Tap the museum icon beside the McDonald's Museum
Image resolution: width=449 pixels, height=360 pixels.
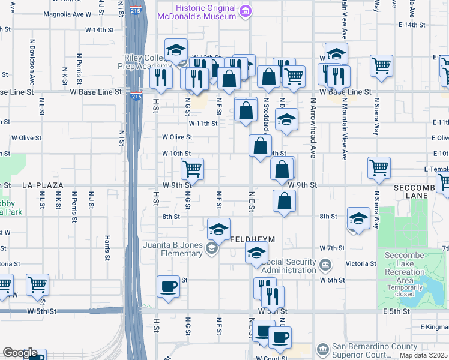coord(244,11)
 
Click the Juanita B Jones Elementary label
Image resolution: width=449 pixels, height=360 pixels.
coord(173,249)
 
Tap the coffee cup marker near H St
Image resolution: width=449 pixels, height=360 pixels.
coord(169,286)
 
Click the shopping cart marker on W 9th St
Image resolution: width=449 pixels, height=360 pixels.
coord(192,169)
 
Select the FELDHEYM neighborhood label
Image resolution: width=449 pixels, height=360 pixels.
coord(253,239)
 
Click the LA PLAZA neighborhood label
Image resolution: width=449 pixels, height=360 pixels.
coord(43,186)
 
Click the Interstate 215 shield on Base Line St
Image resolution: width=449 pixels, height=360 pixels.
coord(136,96)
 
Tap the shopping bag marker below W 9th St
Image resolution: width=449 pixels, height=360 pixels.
coord(284,202)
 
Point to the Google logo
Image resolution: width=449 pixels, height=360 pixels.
coord(19,353)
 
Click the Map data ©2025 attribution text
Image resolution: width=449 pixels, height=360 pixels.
coord(423,355)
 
